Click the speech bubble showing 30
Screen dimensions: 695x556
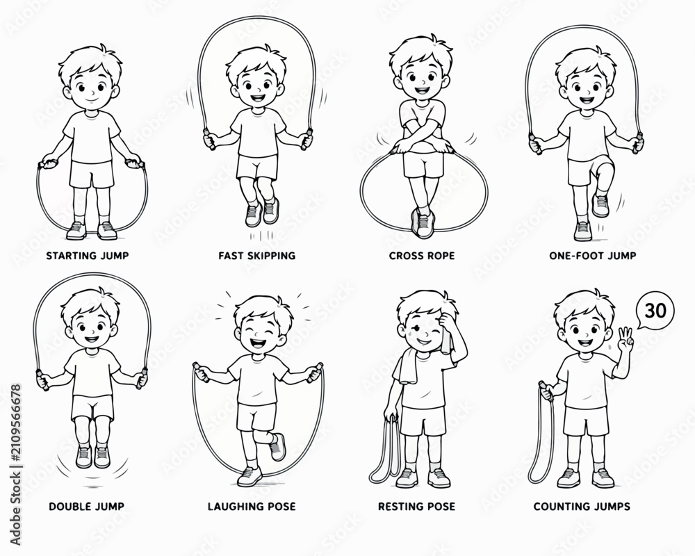coord(655,311)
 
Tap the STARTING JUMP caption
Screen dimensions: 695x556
coord(88,256)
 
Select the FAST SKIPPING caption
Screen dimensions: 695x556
coord(256,256)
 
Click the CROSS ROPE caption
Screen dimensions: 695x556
coord(422,256)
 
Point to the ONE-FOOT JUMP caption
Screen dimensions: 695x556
coord(593,256)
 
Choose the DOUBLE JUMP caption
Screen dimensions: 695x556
coord(86,507)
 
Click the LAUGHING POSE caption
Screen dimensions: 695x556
coord(252,507)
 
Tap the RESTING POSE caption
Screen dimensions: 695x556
coord(416,507)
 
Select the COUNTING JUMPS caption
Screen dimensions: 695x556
coord(582,507)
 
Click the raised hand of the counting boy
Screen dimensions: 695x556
coord(625,339)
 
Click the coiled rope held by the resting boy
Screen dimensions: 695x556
coord(385,450)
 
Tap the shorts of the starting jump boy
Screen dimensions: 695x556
coord(91,174)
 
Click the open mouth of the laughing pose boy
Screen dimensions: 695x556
coord(257,342)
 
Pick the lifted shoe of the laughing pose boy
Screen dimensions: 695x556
coord(277,447)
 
